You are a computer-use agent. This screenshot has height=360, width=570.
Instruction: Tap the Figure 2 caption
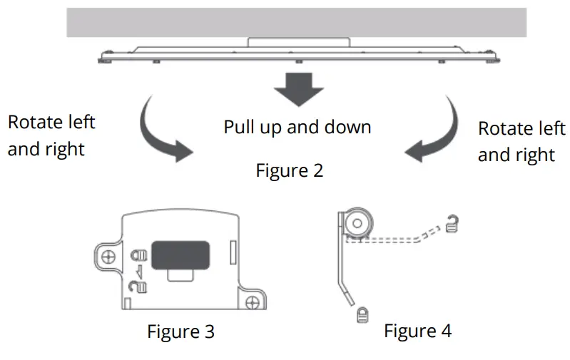289,171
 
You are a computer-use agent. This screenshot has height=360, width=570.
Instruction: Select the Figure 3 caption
180,331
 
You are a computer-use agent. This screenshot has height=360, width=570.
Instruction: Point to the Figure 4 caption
417,331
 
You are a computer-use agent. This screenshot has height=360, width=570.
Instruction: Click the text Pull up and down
297,128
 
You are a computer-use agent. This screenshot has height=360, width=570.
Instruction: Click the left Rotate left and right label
51,135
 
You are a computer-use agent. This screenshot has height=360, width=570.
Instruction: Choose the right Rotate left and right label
521,141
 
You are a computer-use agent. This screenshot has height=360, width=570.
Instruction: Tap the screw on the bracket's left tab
108,256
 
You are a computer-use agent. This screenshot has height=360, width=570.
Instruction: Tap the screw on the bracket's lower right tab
250,304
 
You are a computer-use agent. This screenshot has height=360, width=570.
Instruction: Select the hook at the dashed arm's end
449,224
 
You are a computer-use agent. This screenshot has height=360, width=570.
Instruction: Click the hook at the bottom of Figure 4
361,314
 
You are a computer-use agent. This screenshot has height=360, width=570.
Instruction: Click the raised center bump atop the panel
297,42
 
